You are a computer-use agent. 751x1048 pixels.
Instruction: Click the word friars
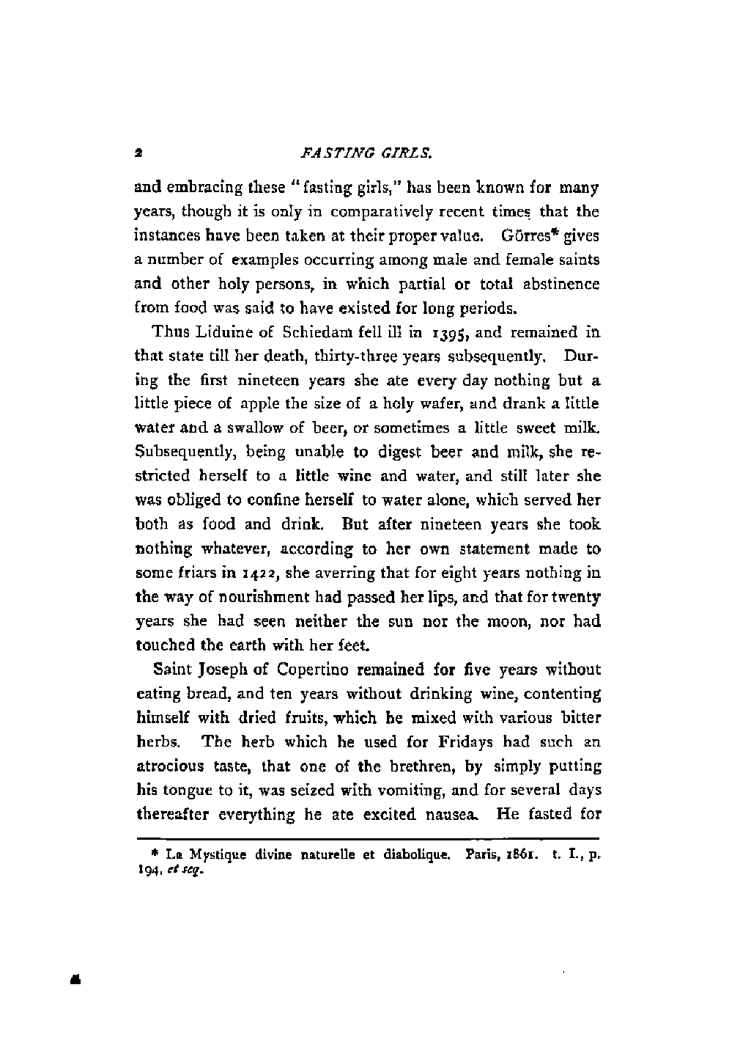(x=184, y=573)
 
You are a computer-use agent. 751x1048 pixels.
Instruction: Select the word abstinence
(x=563, y=284)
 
